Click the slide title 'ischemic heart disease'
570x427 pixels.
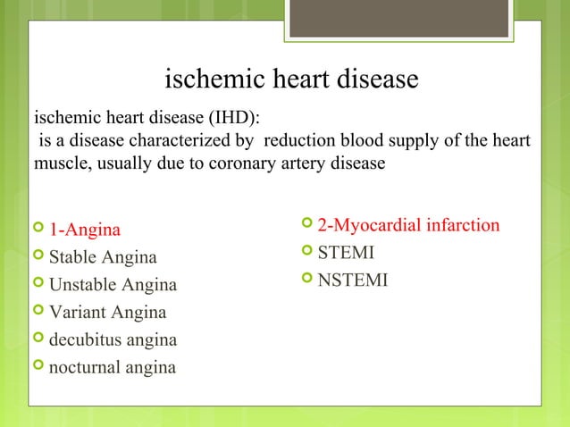[292, 80]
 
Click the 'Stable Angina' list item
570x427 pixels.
[103, 258]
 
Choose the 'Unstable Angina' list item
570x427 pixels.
[113, 286]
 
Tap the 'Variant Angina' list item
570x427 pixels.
[107, 313]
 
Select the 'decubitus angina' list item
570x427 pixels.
[113, 340]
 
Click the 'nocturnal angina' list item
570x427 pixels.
[113, 367]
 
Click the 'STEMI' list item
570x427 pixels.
[347, 253]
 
